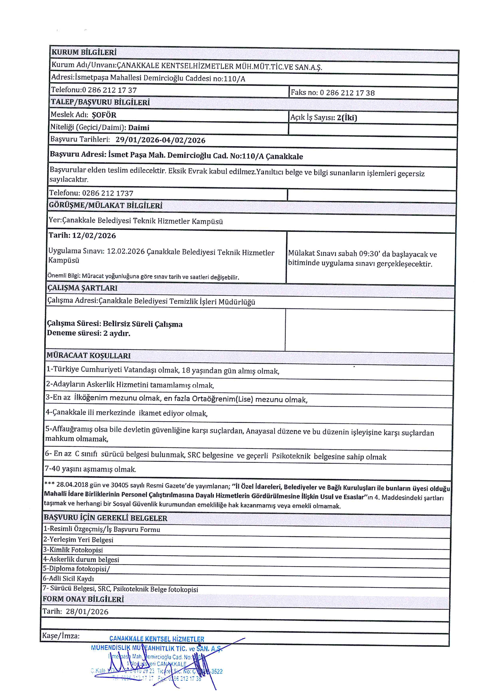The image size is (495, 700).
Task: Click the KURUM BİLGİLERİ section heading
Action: (84, 52)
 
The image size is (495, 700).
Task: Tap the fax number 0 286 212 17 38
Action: (347, 93)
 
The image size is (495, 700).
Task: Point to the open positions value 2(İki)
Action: (347, 118)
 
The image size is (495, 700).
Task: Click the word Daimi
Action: (139, 128)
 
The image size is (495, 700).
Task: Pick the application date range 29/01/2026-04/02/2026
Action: (160, 140)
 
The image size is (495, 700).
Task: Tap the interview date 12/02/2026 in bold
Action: (94, 236)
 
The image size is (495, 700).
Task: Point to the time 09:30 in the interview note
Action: (369, 254)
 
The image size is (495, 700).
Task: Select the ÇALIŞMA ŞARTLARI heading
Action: (82, 288)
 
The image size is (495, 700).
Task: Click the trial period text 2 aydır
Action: (117, 333)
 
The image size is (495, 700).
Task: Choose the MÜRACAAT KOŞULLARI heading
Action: (88, 356)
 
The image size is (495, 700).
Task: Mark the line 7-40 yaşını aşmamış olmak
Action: (90, 469)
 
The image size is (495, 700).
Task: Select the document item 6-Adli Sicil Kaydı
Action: (69, 579)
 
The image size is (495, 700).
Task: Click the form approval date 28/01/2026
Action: (87, 612)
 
